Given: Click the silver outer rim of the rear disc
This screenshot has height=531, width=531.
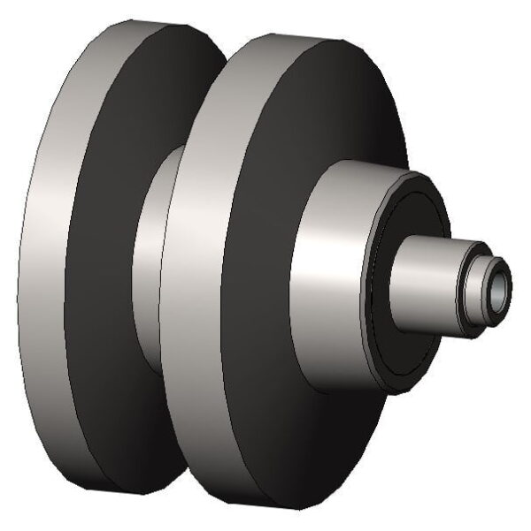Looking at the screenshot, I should click(53, 265).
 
